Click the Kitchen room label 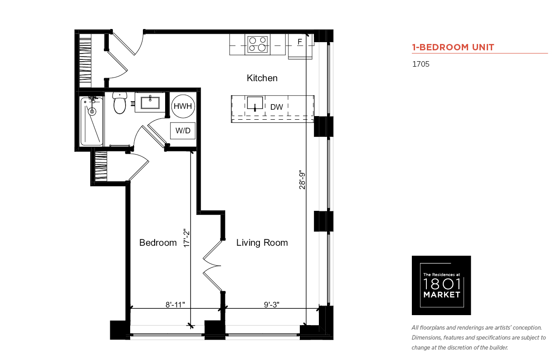pos(262,78)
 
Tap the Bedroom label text pos(158,243)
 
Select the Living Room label pos(262,243)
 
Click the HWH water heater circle pos(183,106)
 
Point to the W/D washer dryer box pos(183,131)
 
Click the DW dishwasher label pos(277,107)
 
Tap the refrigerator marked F pos(300,46)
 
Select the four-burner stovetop pos(258,44)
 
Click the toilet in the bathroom pos(120,102)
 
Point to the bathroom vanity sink pos(150,102)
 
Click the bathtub pos(92,122)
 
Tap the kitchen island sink pos(255,103)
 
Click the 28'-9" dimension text pos(302,180)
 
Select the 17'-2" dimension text pos(186,238)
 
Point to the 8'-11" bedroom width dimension pos(175,305)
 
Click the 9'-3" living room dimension pos(272,305)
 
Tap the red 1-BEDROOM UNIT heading pos(453,47)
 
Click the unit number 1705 pos(421,64)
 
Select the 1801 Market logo pos(441,285)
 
